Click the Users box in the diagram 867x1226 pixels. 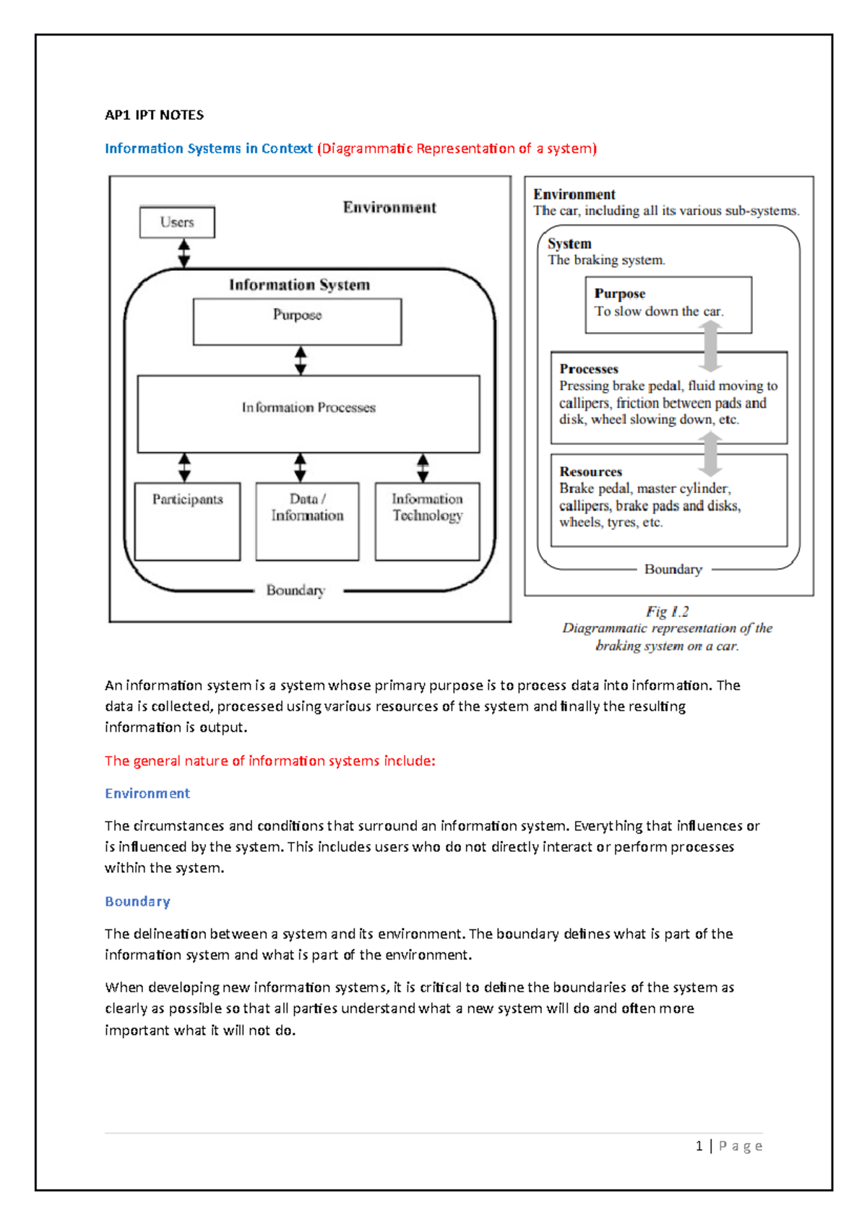(x=177, y=222)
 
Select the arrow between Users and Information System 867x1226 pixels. (x=184, y=253)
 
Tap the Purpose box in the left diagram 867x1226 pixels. (x=297, y=322)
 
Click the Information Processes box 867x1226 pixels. (x=309, y=414)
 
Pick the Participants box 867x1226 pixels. (x=187, y=521)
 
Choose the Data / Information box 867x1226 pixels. (x=307, y=521)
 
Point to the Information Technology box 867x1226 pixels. (x=427, y=521)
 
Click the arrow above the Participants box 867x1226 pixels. (x=185, y=467)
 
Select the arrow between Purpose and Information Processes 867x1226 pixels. (x=301, y=360)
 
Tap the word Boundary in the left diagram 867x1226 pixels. (x=296, y=591)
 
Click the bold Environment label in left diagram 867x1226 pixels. (x=389, y=208)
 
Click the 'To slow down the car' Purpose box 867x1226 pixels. (x=668, y=304)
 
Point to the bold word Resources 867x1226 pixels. (x=590, y=471)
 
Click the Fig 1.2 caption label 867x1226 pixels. (x=667, y=612)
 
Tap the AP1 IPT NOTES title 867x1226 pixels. (x=154, y=115)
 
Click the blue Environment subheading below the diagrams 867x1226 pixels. (x=147, y=794)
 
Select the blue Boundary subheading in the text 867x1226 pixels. (x=137, y=901)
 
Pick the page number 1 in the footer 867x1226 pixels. (x=699, y=1146)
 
